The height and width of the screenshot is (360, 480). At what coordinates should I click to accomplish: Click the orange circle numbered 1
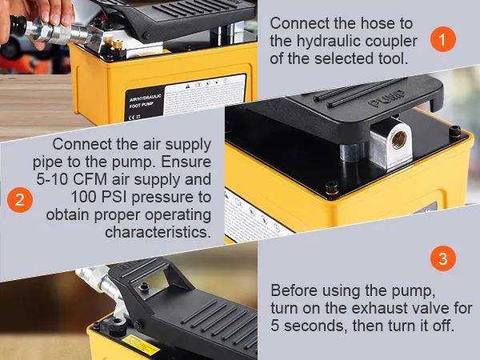coord(443,39)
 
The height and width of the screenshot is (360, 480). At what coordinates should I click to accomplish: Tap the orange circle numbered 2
coord(20,200)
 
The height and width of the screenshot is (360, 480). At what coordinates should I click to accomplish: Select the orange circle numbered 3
coord(443,258)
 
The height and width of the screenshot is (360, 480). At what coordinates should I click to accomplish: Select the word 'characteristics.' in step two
coord(158,232)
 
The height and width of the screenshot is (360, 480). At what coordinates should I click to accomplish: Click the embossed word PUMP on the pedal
coord(386,98)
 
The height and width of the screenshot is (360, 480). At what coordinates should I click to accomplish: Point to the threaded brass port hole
coord(399,138)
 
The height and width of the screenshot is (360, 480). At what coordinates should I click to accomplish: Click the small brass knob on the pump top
coord(118,44)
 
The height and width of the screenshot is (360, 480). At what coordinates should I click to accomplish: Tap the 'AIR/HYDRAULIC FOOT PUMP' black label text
coord(142,102)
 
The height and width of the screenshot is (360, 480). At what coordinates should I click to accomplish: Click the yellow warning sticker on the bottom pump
coord(141,344)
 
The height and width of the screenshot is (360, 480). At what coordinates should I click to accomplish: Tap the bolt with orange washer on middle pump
coord(332,187)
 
